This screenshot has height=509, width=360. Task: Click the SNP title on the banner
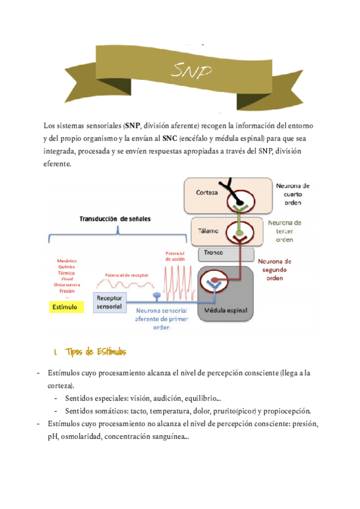tap(191, 71)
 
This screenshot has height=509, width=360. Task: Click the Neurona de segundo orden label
tap(275, 270)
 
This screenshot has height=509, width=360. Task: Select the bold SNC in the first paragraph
tap(170, 138)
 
